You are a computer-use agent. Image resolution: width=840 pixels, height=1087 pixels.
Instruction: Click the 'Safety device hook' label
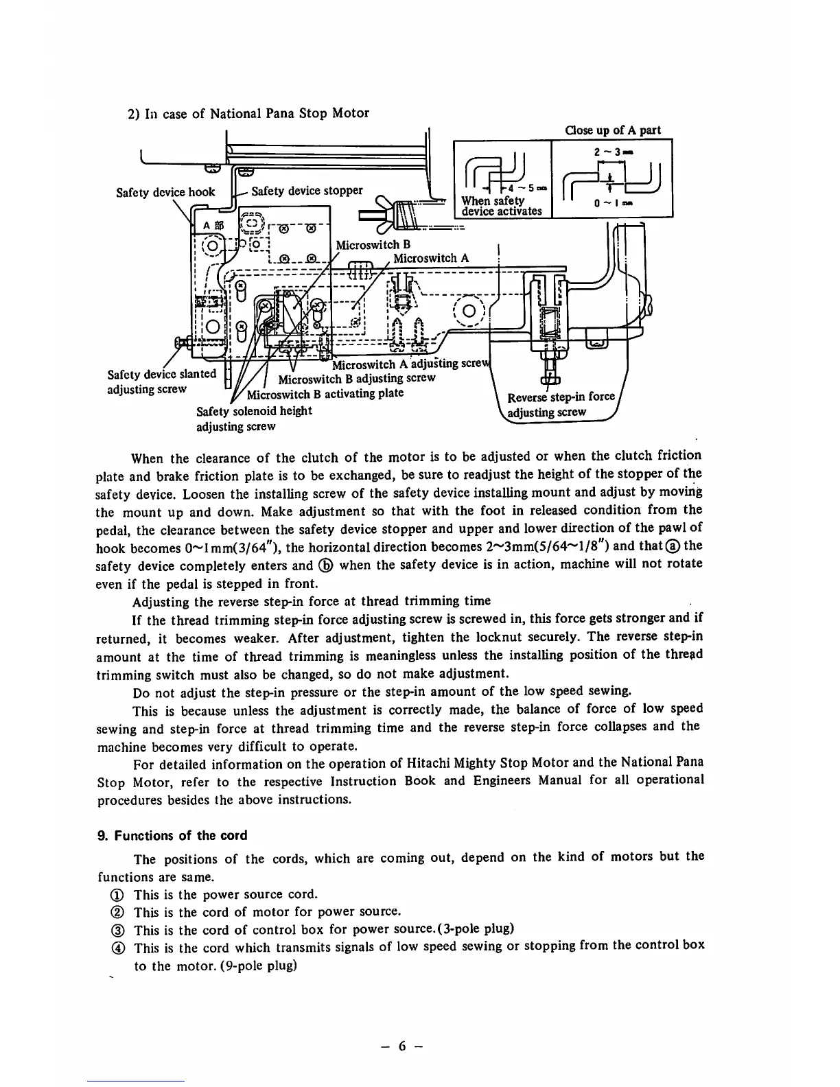(x=165, y=192)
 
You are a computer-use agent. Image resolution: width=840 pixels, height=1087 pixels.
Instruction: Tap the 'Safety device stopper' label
(x=307, y=191)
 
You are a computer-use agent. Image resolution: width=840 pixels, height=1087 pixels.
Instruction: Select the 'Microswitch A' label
(x=431, y=259)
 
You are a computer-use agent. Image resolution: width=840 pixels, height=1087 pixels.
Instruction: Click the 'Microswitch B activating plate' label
(x=325, y=394)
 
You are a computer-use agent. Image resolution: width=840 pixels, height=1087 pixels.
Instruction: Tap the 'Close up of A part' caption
(x=612, y=130)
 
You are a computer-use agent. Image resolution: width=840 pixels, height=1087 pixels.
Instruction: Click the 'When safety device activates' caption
(x=502, y=206)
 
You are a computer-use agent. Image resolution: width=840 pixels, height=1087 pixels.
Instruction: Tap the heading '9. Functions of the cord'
(x=172, y=836)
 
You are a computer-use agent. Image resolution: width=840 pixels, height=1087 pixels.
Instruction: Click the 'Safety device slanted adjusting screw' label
(x=162, y=382)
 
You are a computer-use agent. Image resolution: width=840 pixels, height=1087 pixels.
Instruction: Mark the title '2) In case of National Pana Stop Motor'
(x=248, y=113)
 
